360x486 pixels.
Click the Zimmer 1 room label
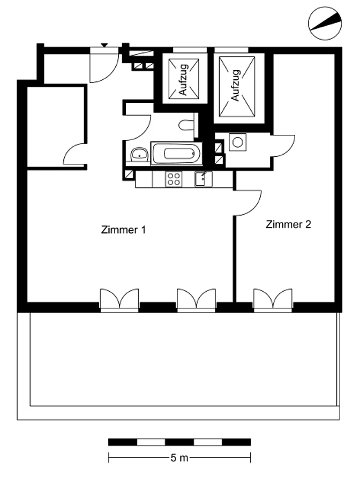click(123, 230)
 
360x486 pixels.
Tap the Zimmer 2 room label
click(288, 224)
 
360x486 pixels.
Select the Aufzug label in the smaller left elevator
click(183, 79)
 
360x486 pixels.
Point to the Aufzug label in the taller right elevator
click(236, 85)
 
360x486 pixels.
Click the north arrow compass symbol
click(325, 23)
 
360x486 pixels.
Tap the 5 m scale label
click(179, 458)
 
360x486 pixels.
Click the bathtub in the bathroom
click(177, 154)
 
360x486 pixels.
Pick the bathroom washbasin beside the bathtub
click(139, 154)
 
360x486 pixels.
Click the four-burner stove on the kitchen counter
click(174, 179)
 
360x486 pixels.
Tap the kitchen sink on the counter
click(204, 179)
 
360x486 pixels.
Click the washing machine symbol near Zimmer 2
click(238, 142)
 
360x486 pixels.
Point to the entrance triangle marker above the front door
click(104, 45)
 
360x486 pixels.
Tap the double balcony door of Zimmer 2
click(273, 299)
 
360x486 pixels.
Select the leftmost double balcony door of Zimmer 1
click(119, 299)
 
